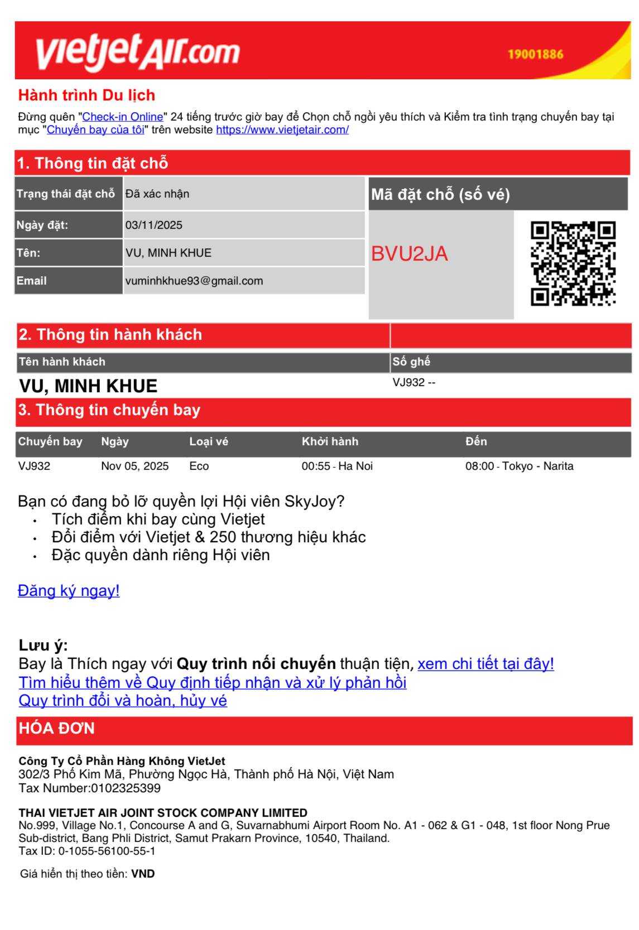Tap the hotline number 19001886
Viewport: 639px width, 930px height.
coord(535,55)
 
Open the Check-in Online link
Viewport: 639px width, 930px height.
coord(123,117)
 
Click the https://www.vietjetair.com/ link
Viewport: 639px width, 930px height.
coord(282,130)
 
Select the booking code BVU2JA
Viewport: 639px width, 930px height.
coord(410,254)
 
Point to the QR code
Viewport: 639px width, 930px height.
coord(573,263)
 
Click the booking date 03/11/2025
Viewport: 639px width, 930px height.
coord(154,225)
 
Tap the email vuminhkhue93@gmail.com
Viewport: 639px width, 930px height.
coord(194,281)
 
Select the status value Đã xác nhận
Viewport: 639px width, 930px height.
coord(157,194)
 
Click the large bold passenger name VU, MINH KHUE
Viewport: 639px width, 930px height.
coord(88,386)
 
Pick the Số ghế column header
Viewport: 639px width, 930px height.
coord(411,362)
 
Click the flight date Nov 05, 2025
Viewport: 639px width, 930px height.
coord(134,466)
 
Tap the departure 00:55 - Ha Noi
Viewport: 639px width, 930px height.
coord(337,466)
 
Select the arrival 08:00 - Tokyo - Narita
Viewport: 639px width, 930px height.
coord(519,466)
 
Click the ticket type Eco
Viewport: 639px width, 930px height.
coord(199,466)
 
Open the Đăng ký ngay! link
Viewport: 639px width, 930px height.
coord(69,590)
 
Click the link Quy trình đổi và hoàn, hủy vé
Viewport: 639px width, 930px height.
coord(123,700)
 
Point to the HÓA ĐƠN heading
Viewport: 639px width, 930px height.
coord(57,729)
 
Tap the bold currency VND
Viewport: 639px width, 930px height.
coord(143,874)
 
